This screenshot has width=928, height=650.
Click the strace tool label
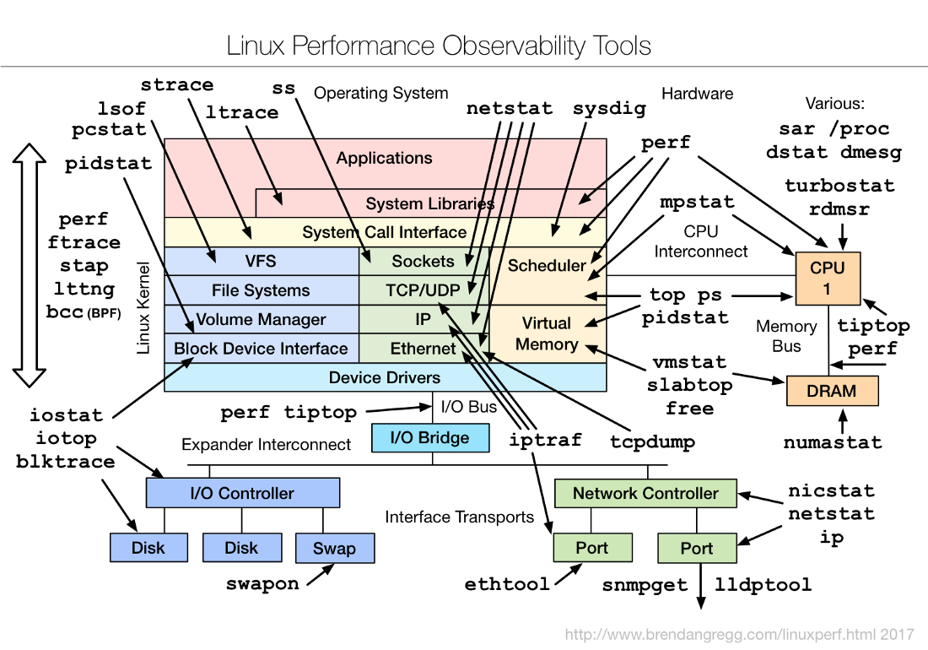(x=177, y=84)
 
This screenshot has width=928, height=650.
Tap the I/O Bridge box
(x=431, y=437)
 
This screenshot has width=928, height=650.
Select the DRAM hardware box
(x=832, y=391)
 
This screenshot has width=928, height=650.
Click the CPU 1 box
(x=827, y=279)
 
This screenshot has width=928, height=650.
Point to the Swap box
(x=334, y=548)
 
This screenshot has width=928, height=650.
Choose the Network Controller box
(x=645, y=493)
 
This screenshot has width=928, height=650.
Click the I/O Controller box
(x=242, y=493)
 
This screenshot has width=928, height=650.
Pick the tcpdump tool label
(x=653, y=441)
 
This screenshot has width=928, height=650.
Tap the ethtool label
(x=507, y=583)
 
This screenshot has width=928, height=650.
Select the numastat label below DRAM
(x=833, y=442)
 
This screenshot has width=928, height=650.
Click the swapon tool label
(x=262, y=583)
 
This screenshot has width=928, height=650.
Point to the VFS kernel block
(x=261, y=261)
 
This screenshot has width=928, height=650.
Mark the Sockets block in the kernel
(x=424, y=261)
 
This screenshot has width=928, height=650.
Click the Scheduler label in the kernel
(x=547, y=265)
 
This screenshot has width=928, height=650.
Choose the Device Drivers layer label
(x=385, y=377)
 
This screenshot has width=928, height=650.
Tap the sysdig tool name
(x=609, y=109)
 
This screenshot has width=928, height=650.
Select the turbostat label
(x=839, y=186)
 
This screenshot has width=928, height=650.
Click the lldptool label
(x=763, y=584)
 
